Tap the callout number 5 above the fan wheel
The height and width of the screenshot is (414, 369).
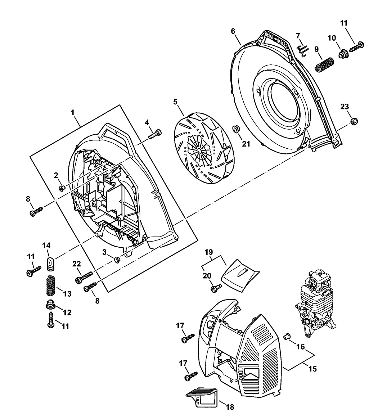pyautogui.click(x=175, y=102)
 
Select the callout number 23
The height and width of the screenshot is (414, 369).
pyautogui.click(x=345, y=107)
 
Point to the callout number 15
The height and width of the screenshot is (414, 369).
pyautogui.click(x=312, y=369)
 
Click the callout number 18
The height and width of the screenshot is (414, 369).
pyautogui.click(x=229, y=407)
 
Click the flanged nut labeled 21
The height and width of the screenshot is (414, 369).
pyautogui.click(x=236, y=129)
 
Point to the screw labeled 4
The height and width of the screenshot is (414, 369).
pyautogui.click(x=155, y=134)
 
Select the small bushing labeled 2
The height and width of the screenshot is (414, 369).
pyautogui.click(x=62, y=188)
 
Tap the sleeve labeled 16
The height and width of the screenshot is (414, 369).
pyautogui.click(x=287, y=336)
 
